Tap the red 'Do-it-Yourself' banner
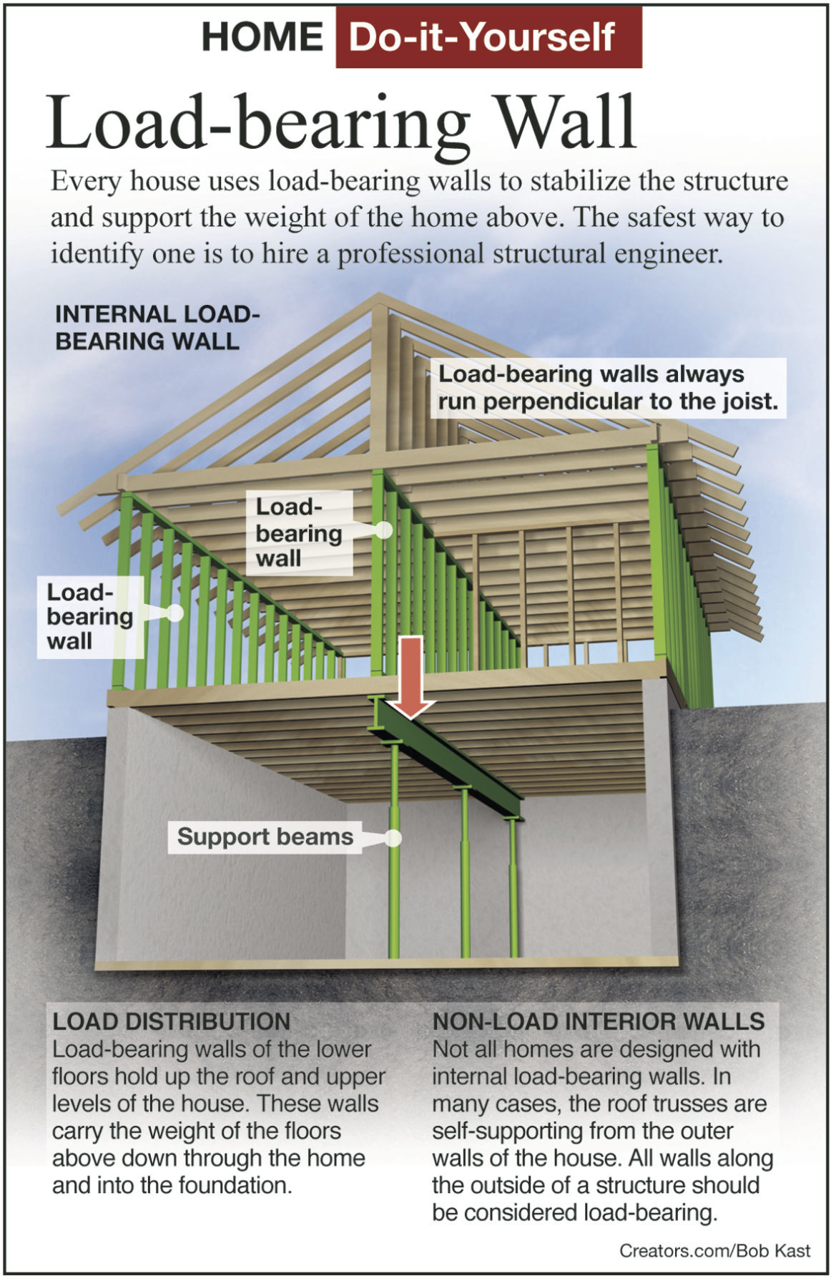[488, 37]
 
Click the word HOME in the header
[262, 37]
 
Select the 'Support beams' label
[265, 837]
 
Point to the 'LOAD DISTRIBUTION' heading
[172, 1021]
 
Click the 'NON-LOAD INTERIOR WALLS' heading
[599, 1021]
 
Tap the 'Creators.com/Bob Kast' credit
[714, 1251]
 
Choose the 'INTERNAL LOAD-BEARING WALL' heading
[157, 328]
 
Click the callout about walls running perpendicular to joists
[608, 388]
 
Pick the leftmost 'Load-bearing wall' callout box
[89, 617]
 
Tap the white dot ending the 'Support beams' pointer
[393, 838]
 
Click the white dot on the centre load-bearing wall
[384, 530]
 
